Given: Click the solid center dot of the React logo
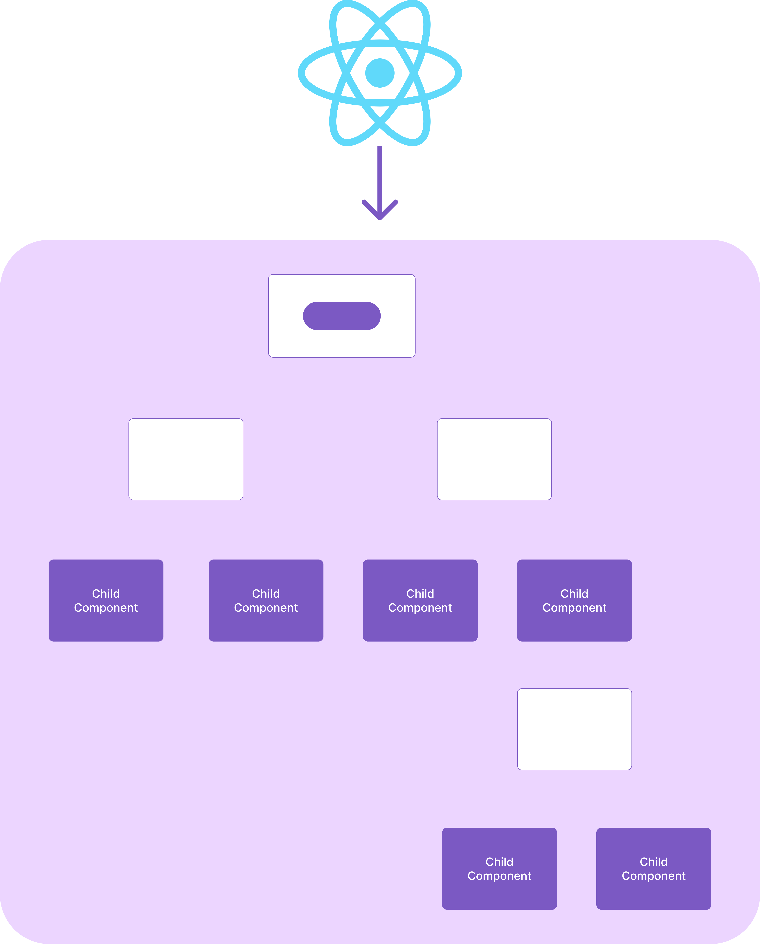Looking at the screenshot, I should click(380, 73).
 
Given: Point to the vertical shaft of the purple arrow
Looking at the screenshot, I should click(380, 175).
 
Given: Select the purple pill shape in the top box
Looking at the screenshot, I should click(342, 316).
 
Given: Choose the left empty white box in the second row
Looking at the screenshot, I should click(186, 459).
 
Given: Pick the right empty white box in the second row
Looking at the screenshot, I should click(494, 459).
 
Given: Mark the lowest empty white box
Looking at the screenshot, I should click(574, 729).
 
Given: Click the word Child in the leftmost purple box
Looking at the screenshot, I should click(106, 594).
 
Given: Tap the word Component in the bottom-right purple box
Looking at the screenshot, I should click(653, 876).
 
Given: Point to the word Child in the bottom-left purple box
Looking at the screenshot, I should click(499, 862).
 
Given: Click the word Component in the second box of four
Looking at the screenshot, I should click(266, 608).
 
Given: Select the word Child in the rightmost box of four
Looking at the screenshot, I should click(574, 594).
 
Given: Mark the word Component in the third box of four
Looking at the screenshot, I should click(420, 608).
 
